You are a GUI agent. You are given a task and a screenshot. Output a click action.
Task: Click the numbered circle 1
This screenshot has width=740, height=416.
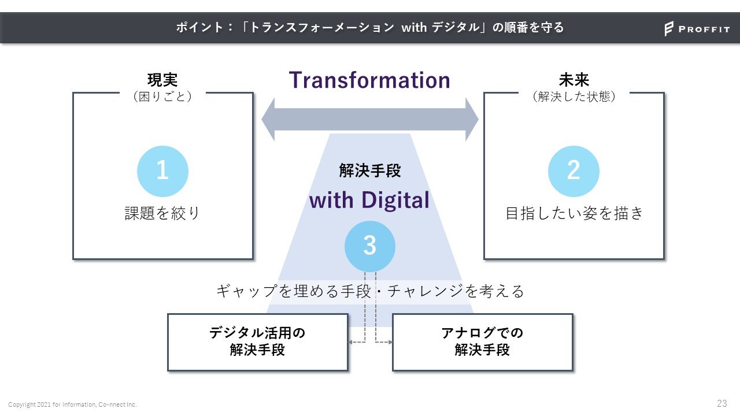162,171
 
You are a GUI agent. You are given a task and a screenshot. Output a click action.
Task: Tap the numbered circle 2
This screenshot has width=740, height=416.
573,171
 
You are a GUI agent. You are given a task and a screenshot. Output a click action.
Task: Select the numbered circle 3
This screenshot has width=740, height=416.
370,246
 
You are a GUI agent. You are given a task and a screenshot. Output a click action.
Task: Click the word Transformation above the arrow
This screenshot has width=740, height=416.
369,80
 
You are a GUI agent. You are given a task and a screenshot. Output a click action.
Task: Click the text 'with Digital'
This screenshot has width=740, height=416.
369,200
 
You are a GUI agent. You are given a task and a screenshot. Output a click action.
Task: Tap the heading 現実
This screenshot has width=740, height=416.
162,80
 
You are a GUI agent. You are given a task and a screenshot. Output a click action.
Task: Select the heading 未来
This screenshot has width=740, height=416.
573,80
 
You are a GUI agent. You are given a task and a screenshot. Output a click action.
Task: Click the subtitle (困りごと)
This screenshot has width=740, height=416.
162,96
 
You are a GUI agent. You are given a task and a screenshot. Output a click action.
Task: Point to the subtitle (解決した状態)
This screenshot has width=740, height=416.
573,96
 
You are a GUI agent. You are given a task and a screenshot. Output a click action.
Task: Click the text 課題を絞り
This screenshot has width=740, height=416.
162,213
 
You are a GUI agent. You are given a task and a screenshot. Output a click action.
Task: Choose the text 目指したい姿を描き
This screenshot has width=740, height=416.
573,213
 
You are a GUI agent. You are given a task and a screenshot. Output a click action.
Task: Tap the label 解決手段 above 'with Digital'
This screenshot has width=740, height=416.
369,170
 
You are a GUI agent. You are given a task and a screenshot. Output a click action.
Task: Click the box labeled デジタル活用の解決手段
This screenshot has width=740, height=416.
258,342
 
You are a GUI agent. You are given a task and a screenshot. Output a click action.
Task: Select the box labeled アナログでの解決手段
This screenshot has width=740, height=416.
482,342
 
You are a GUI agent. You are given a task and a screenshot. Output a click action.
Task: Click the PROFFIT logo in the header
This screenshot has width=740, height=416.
697,29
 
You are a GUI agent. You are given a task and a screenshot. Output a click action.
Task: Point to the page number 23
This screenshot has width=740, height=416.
721,403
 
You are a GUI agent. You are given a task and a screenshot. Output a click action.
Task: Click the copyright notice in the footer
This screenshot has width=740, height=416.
72,404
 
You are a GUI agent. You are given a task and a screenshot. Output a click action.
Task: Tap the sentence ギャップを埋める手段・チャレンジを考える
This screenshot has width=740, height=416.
370,291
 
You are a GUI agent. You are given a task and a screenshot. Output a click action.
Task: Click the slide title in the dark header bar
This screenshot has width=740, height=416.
370,28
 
